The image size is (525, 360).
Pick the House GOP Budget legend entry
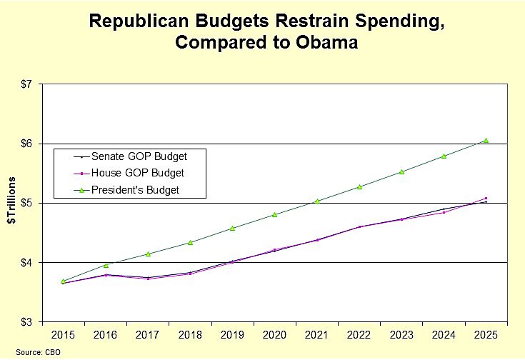tap(131, 172)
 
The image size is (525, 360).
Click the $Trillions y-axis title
tap(12, 204)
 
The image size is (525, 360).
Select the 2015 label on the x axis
tap(64, 335)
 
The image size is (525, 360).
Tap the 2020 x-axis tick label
tap(274, 335)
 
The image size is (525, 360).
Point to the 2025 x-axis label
tap(486, 335)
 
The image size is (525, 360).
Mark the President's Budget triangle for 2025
tap(486, 141)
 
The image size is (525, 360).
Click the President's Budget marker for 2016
tap(106, 265)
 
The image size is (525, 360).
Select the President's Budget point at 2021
tap(317, 201)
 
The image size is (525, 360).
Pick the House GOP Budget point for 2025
tap(486, 199)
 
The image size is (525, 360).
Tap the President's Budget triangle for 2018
tap(190, 242)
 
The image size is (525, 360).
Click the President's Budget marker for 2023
tap(401, 171)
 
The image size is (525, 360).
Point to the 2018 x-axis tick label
tap(190, 335)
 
